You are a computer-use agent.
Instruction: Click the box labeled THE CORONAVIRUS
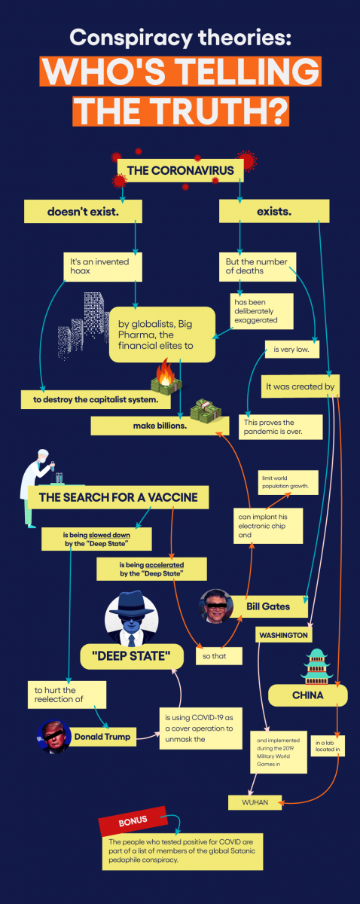pos(181,170)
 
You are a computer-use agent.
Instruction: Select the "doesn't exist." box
pos(83,212)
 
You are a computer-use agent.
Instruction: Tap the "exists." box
pos(274,211)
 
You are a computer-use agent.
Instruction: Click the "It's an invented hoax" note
pos(103,267)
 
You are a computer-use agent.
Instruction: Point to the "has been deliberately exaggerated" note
pos(262,311)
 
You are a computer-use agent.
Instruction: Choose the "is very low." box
pos(291,350)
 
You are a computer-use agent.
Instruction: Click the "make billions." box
pos(160,426)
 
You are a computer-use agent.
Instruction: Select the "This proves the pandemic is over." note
pos(280,427)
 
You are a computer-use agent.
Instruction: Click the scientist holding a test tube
pos(35,487)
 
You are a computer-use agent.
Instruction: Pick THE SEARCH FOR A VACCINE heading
pos(118,497)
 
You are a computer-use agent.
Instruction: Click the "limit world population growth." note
pos(288,482)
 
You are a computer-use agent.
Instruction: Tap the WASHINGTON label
pos(283,635)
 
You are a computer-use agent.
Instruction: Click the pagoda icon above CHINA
pos(317,667)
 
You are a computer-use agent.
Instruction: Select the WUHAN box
pos(255,802)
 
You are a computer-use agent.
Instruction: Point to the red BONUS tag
pos(133,821)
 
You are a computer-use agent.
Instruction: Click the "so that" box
pos(218,656)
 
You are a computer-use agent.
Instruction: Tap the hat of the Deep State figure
pos(132,602)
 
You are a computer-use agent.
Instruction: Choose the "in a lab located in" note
pos(328,746)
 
